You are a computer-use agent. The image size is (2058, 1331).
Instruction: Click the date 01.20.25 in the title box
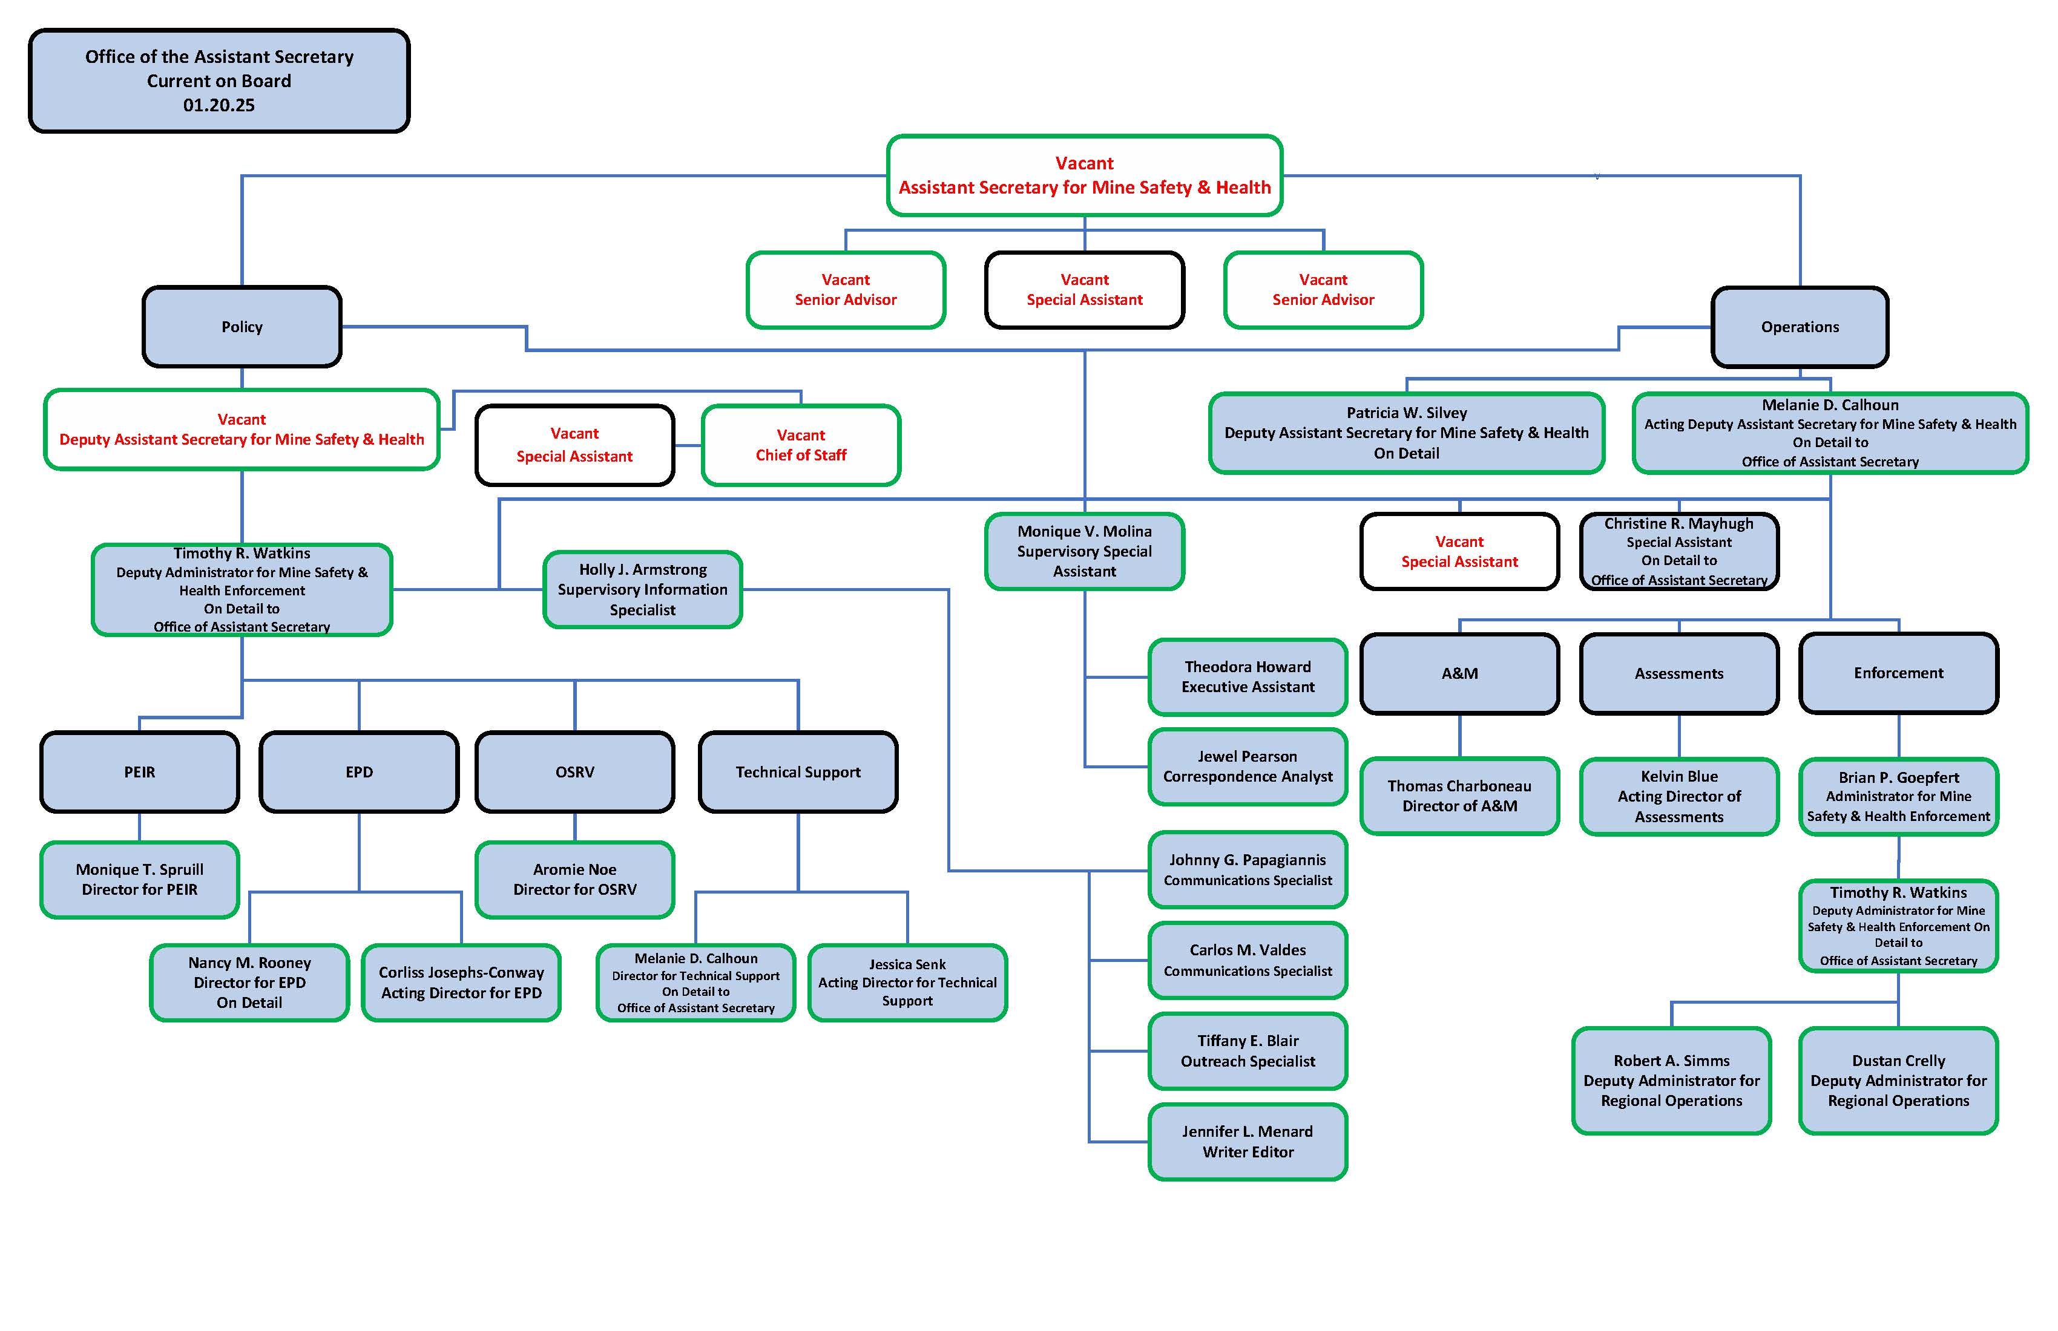point(219,105)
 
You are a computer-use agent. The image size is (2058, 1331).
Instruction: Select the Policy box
point(242,327)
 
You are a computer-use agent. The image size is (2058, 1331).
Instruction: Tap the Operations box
point(1800,327)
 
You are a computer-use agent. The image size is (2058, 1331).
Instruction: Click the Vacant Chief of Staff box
point(801,445)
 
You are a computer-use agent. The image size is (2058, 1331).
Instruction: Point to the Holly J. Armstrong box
point(642,589)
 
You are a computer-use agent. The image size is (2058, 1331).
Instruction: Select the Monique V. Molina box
point(1084,551)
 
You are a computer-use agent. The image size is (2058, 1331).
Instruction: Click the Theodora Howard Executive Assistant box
point(1248,677)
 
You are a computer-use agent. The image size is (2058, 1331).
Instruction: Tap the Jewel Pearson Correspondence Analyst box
point(1248,767)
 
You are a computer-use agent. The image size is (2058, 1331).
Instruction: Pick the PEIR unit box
point(139,772)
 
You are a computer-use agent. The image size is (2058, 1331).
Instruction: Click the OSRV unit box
point(575,772)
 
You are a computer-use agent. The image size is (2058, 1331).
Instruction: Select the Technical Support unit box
point(798,772)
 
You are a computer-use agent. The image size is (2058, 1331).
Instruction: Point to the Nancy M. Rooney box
point(250,983)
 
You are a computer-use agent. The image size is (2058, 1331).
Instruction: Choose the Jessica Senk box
point(907,983)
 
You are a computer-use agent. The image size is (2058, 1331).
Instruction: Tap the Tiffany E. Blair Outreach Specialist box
point(1248,1051)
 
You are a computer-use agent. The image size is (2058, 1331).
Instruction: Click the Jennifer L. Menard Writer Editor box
point(1248,1142)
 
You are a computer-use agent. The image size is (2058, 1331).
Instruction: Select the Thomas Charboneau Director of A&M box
point(1459,796)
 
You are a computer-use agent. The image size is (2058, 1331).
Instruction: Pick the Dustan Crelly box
point(1898,1081)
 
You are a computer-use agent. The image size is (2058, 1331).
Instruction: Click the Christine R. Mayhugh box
point(1678,551)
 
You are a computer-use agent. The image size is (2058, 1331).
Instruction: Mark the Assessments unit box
point(1678,673)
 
